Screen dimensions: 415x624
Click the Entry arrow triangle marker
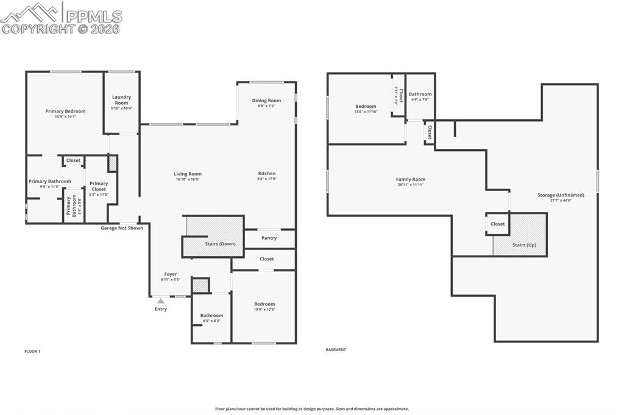pos(160,300)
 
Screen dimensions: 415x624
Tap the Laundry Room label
pos(121,100)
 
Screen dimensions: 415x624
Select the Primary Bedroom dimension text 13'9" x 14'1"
pos(65,117)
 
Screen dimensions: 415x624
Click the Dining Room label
pos(266,100)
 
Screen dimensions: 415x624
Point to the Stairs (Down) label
pos(219,243)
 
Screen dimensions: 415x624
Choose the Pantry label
pos(269,238)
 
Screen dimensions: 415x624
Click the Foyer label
pos(171,274)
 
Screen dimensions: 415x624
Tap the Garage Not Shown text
pos(122,228)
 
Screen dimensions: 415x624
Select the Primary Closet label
pos(99,186)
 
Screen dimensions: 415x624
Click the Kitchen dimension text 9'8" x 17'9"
pos(266,179)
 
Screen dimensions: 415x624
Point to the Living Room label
pos(187,174)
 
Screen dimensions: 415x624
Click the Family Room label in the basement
pos(410,180)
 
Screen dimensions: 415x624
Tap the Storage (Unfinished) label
pos(561,195)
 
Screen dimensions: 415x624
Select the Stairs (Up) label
pos(524,245)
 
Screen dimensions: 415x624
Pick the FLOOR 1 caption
pos(32,351)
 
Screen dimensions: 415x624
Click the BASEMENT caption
pos(336,350)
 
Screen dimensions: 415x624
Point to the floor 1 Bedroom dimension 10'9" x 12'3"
pos(264,310)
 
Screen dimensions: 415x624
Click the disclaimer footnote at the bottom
pos(311,409)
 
